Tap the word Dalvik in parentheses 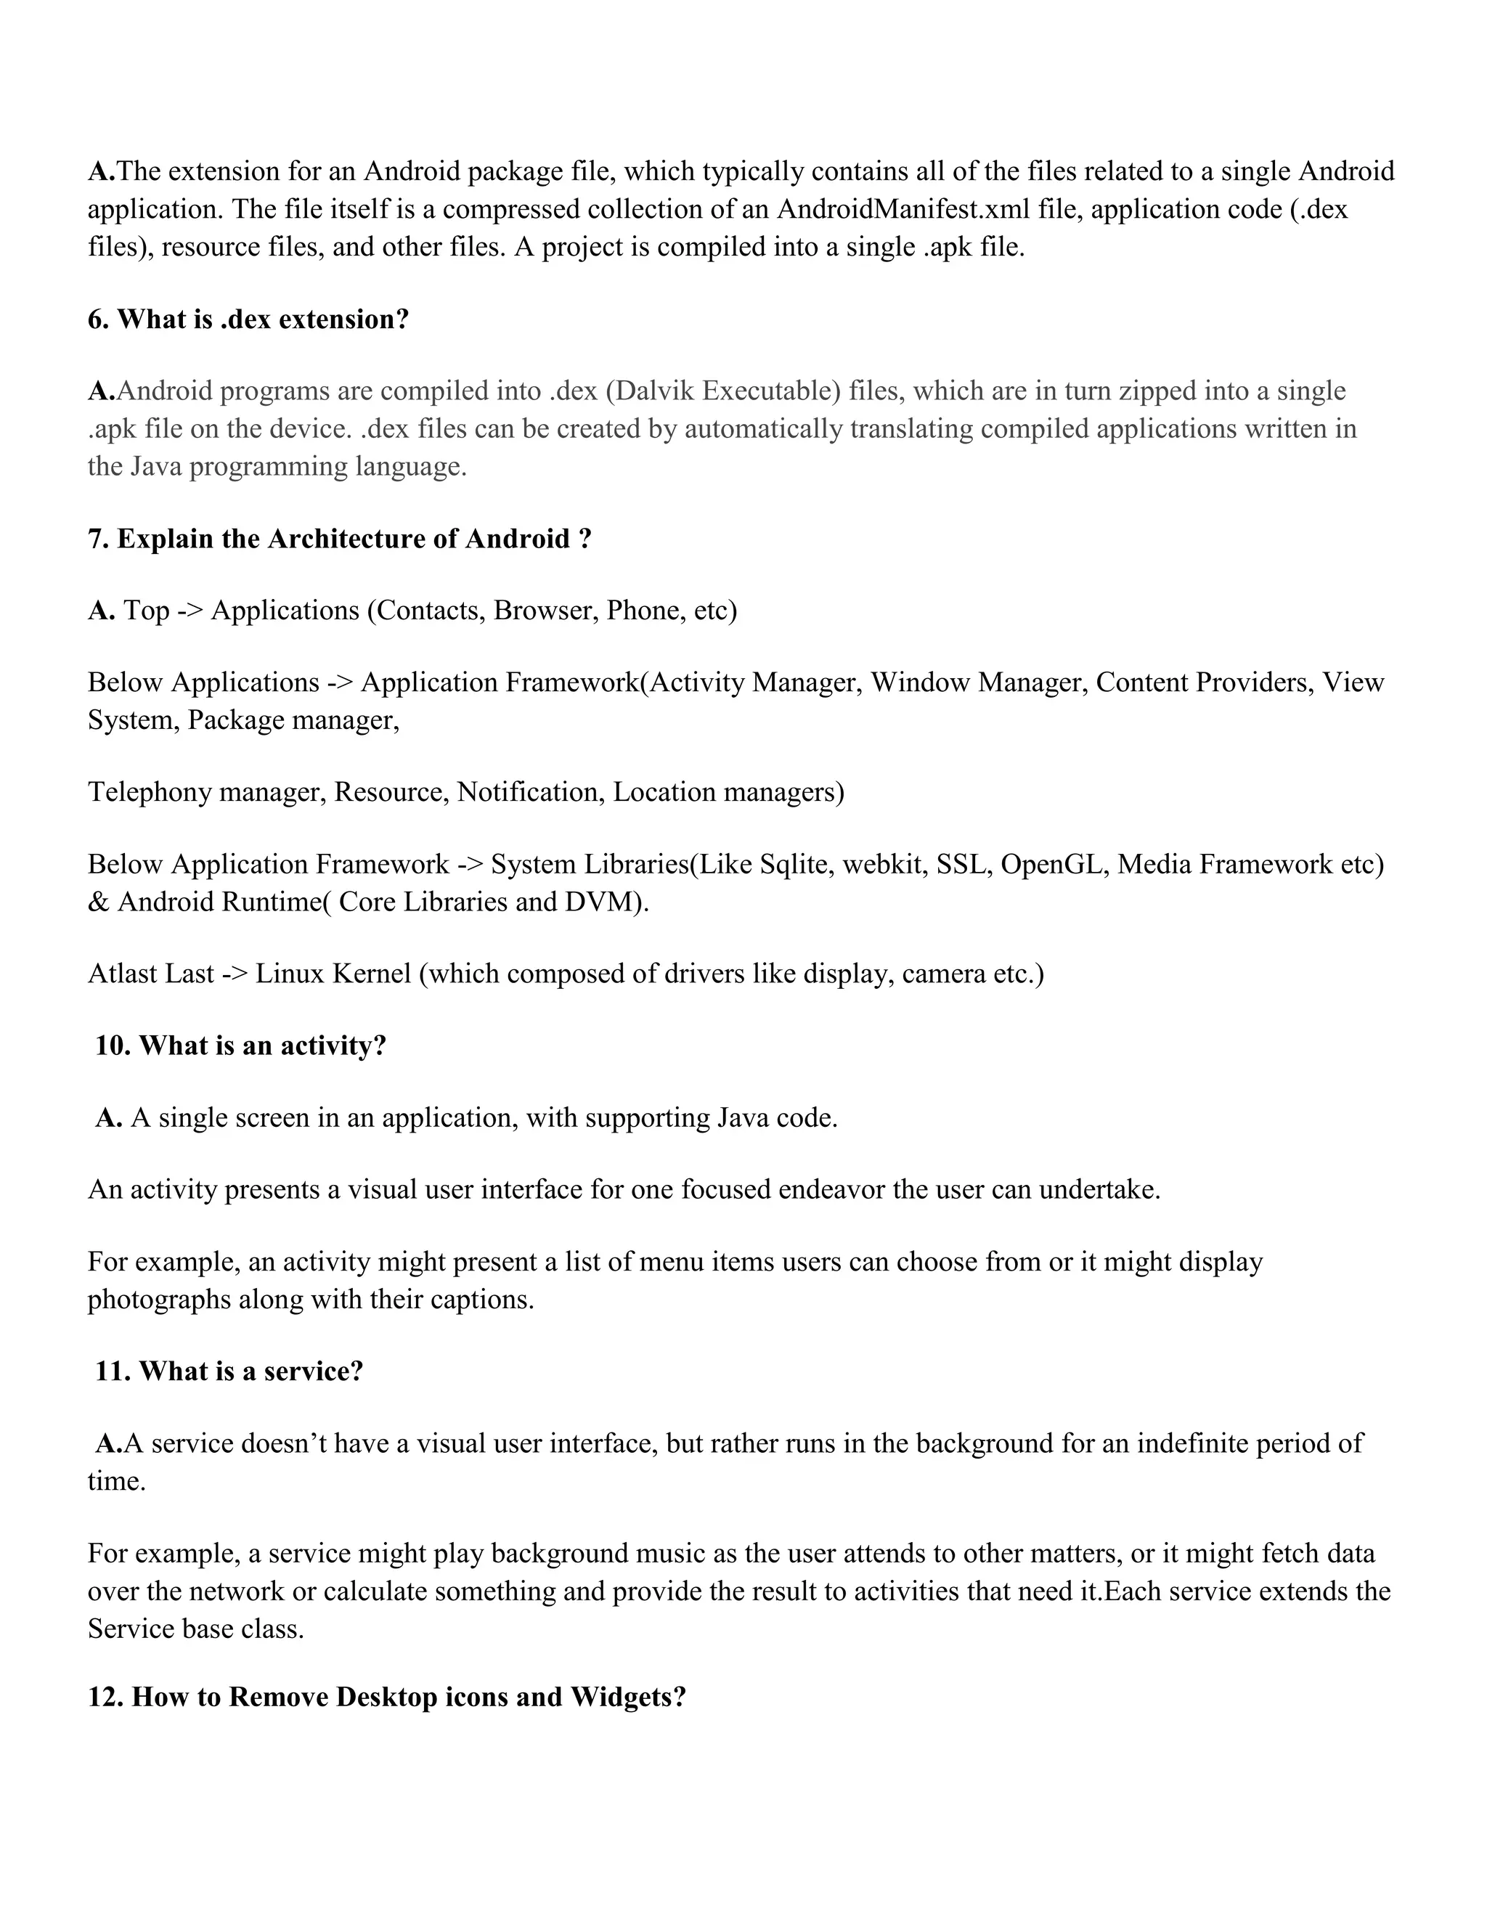(652, 391)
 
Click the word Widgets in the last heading (627, 1697)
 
